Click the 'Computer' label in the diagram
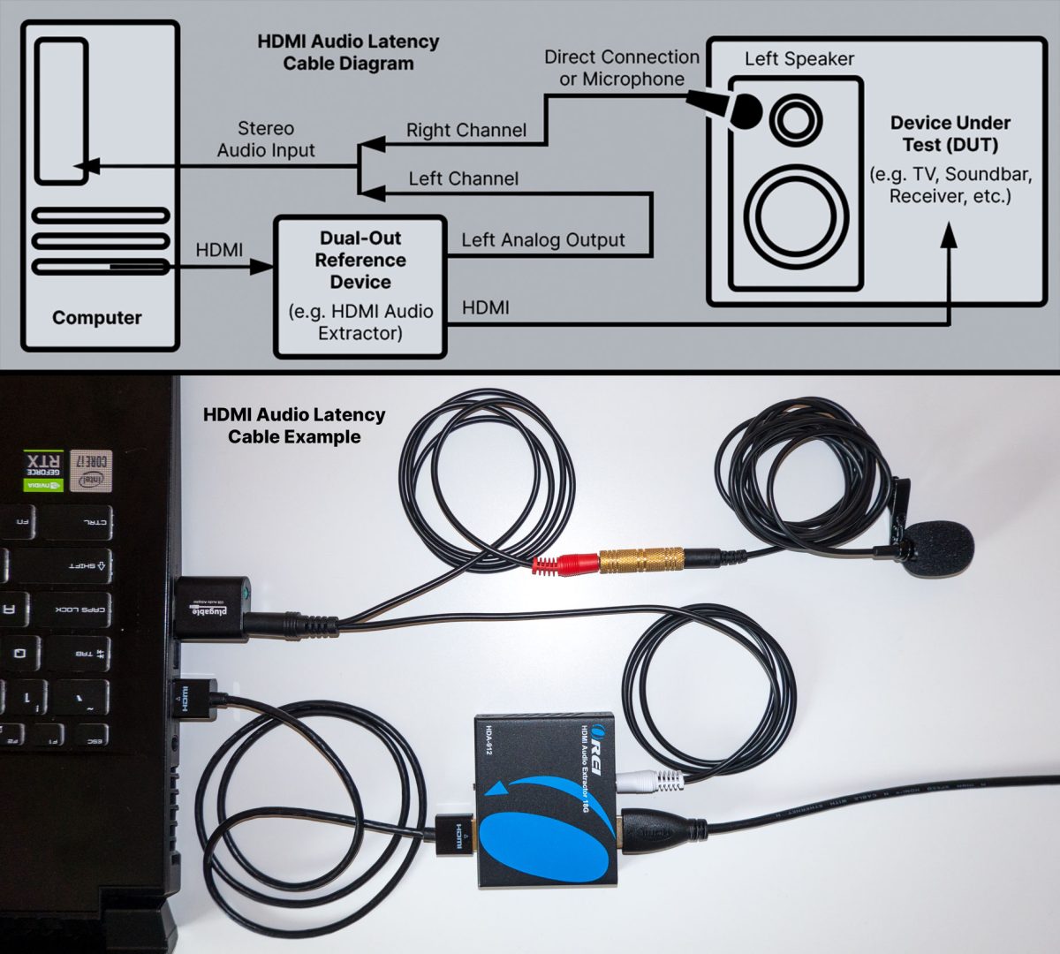point(97,318)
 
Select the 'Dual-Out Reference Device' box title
point(360,260)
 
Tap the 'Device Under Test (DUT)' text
point(950,133)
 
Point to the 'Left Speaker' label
point(799,59)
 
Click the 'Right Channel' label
point(466,131)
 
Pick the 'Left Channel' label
point(463,179)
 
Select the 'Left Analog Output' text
point(542,240)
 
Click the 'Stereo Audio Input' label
point(266,140)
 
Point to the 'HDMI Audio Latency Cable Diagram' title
point(348,52)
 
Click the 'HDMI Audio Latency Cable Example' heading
point(294,425)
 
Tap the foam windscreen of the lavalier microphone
point(942,549)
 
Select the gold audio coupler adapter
point(641,559)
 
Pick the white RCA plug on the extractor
point(652,780)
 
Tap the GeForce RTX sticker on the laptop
point(43,470)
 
